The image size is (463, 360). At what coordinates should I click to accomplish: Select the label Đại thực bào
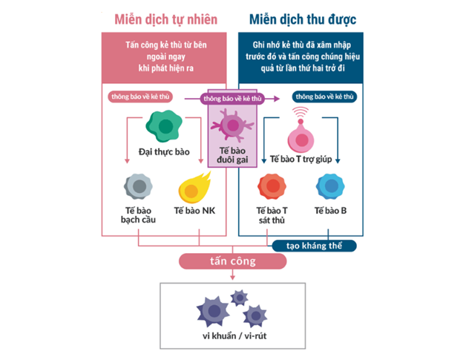[x=164, y=153]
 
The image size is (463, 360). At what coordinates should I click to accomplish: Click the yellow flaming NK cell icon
[x=194, y=187]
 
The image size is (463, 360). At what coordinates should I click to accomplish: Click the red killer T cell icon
[x=269, y=187]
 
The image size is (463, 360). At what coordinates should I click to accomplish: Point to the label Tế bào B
[x=330, y=211]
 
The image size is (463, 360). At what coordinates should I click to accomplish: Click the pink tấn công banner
[x=231, y=261]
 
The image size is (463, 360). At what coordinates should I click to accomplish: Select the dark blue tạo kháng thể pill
[x=315, y=245]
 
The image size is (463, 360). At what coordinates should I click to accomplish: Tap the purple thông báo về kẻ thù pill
[x=231, y=98]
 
